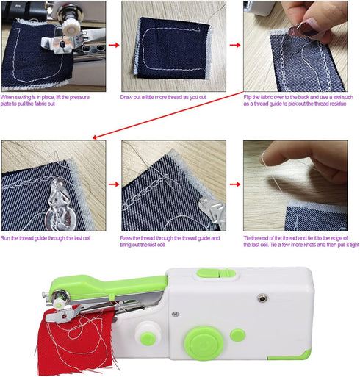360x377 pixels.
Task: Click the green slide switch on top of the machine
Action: [x=216, y=273]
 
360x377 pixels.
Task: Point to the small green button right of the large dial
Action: [x=237, y=335]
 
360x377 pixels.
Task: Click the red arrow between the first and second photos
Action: [x=113, y=45]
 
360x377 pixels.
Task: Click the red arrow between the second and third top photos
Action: [x=234, y=45]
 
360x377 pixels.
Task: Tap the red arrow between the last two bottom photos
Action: [x=234, y=185]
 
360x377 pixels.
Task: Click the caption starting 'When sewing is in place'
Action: [x=53, y=100]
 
